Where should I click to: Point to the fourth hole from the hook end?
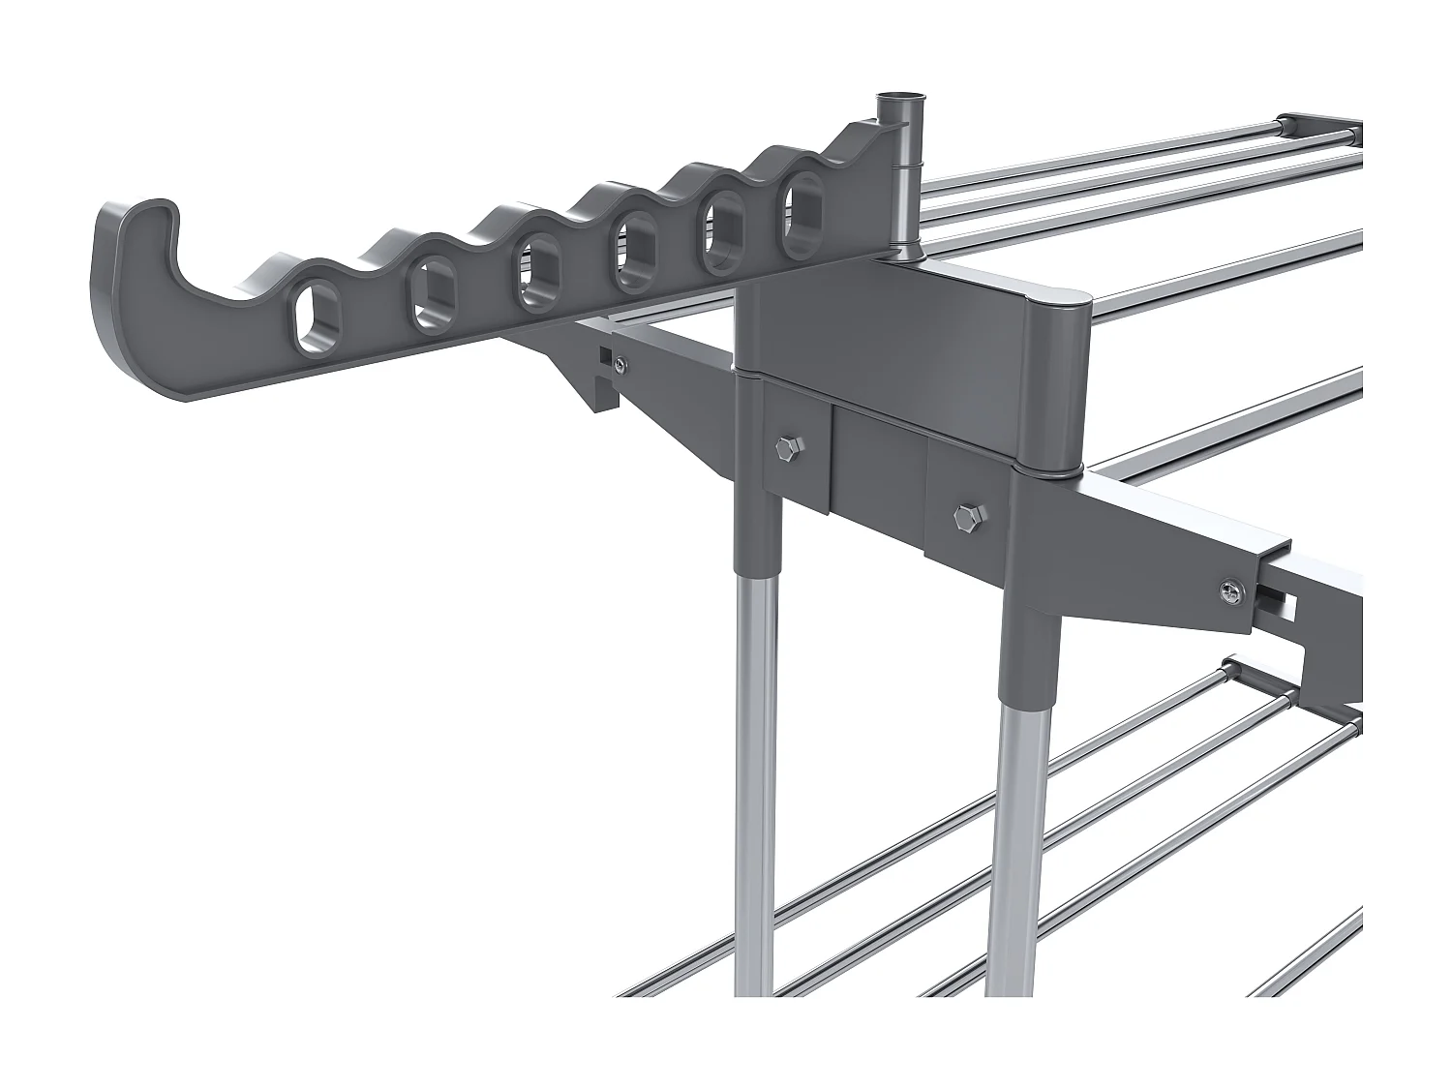coord(634,254)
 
